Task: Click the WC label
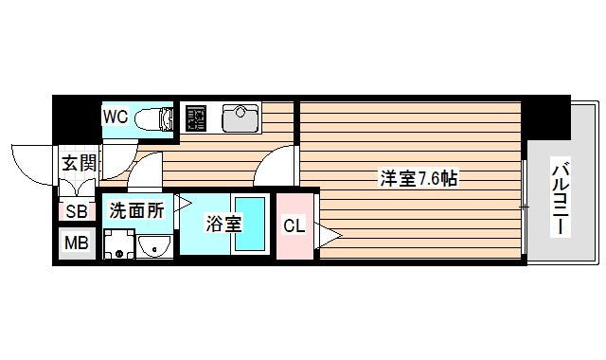click(116, 117)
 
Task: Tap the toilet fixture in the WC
click(152, 118)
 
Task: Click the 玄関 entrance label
click(80, 162)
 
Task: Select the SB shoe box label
click(76, 211)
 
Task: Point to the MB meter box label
click(76, 243)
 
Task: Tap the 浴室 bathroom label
click(225, 224)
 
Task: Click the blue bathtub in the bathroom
click(250, 224)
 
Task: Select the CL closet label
click(294, 225)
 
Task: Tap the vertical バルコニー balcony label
click(561, 198)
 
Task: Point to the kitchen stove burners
click(196, 118)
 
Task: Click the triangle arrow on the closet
click(328, 235)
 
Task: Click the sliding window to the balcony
click(524, 206)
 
